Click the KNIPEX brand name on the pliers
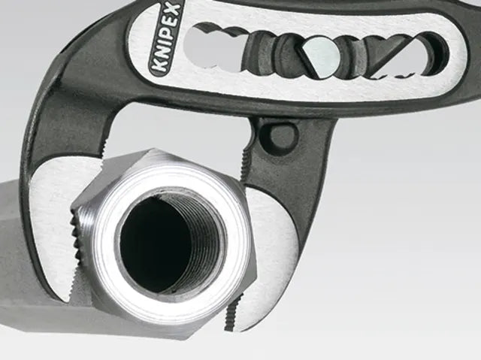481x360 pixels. (166, 38)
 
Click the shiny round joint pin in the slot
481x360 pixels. (322, 56)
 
